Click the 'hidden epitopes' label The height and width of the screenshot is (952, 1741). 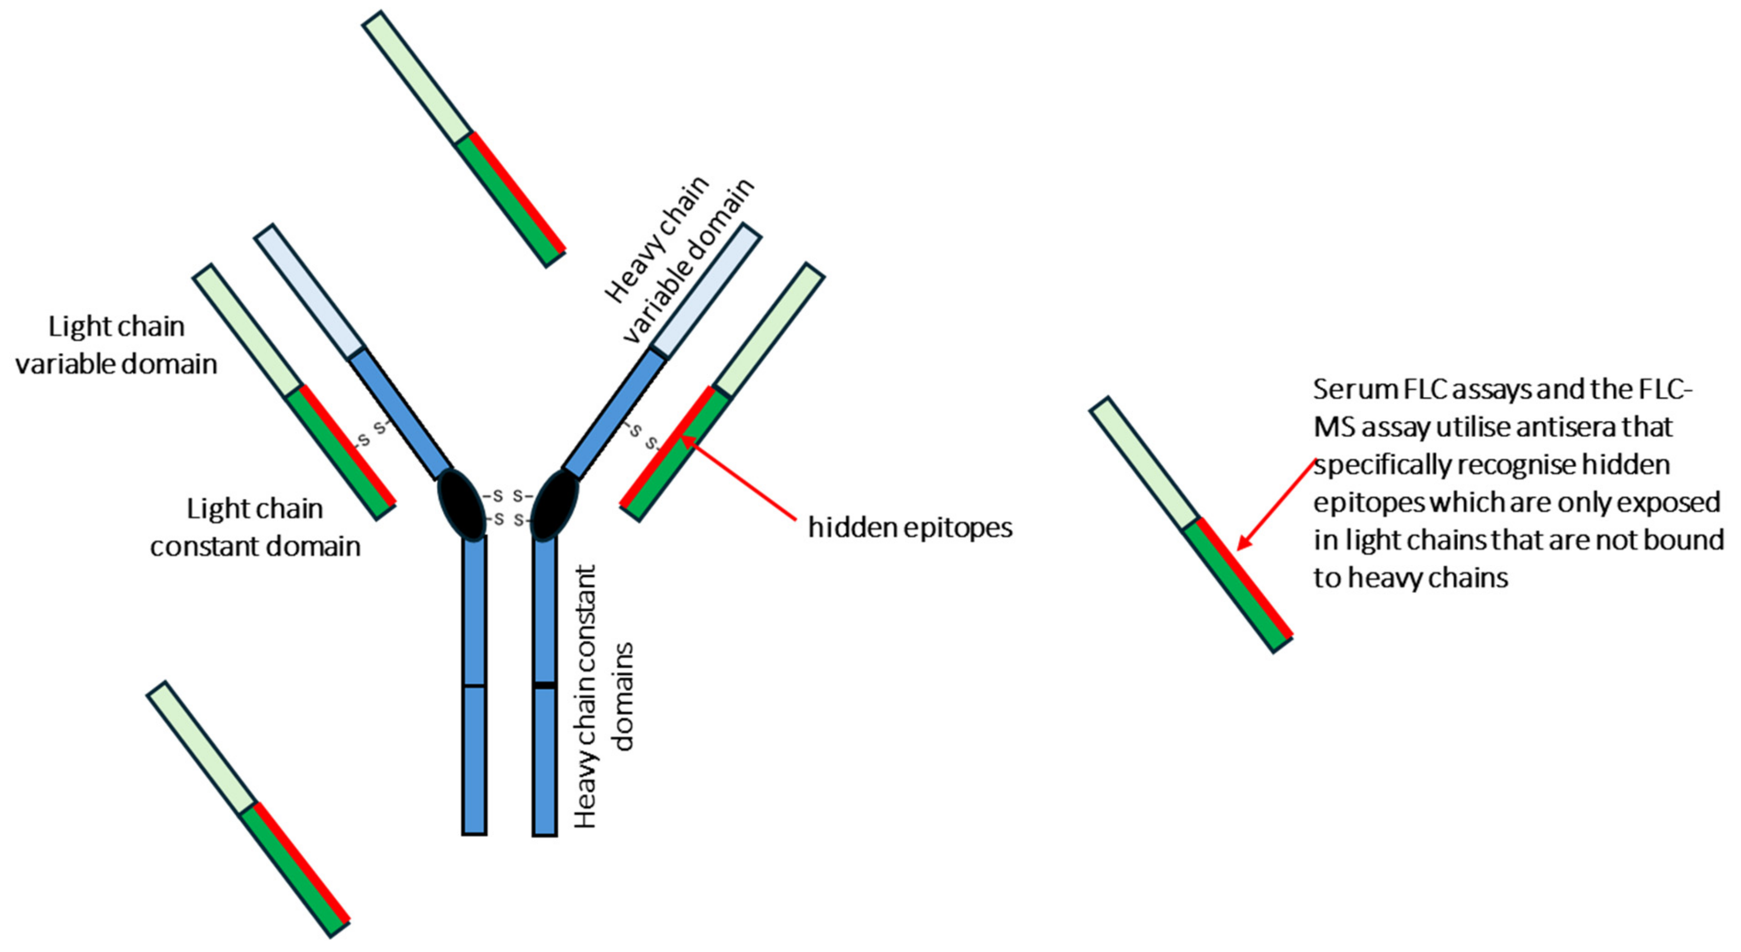910,528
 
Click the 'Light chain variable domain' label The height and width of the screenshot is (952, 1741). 116,345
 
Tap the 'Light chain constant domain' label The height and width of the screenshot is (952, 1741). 255,527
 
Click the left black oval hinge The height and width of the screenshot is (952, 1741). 462,505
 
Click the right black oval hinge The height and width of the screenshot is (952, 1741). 556,505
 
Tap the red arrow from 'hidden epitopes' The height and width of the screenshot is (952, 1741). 740,480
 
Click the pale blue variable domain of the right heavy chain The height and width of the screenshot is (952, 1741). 706,291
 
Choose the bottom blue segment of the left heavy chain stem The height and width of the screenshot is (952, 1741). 474,760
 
